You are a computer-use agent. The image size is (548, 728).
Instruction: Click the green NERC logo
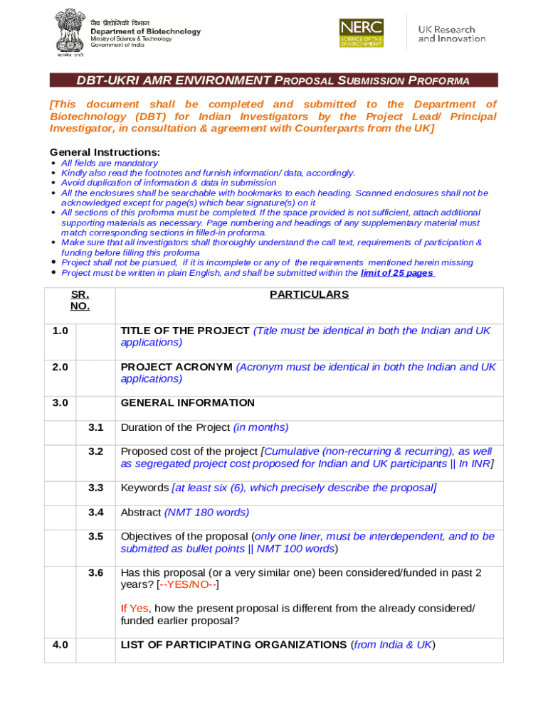coord(362,33)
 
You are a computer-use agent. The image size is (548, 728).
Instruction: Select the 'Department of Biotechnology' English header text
coord(145,31)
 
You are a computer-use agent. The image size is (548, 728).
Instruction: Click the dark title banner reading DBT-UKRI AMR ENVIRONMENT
coord(273,80)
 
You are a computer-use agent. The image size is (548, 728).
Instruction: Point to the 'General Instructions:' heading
coord(105,152)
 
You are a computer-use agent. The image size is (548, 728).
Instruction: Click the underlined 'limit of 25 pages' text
coord(398,273)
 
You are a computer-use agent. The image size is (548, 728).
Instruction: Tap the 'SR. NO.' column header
coord(80,300)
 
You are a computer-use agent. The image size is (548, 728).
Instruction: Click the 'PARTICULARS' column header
coord(309,294)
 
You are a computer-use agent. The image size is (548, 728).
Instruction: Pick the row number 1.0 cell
coord(60,331)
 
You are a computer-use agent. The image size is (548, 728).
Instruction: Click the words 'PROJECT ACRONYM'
coord(176,367)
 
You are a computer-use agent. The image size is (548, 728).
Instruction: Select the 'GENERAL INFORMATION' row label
coord(187,403)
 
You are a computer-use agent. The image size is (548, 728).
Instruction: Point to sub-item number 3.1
coord(96,427)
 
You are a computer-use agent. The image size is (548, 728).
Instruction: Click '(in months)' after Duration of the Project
coord(261,427)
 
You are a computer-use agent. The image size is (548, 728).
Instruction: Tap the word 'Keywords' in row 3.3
coord(144,488)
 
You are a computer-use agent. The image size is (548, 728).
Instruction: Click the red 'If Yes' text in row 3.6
coord(135,609)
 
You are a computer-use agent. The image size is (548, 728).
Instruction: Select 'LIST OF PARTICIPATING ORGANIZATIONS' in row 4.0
coord(235,645)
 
